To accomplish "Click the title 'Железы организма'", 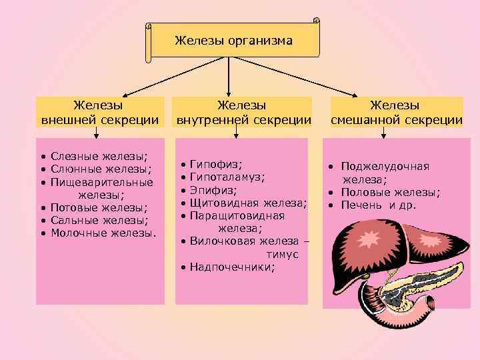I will (233, 41).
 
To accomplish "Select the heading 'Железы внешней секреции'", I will (100, 113).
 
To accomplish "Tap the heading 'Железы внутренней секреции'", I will (243, 113).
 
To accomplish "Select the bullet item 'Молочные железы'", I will (103, 233).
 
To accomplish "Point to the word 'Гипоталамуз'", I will (227, 177).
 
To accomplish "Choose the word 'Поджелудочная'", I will (385, 166).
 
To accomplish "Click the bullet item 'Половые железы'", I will (390, 192).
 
